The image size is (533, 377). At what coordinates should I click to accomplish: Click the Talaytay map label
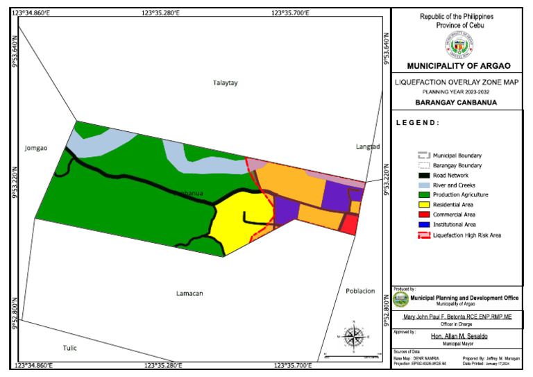225,83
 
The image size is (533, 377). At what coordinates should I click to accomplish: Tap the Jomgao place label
35,148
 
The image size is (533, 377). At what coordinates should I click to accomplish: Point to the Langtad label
367,146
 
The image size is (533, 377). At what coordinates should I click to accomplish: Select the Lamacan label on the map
189,293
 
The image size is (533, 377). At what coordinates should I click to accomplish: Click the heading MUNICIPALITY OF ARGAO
458,66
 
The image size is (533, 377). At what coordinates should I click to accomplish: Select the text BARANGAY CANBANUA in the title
458,103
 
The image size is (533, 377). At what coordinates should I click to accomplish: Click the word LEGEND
418,123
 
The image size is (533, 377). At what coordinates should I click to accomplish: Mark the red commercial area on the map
350,224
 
